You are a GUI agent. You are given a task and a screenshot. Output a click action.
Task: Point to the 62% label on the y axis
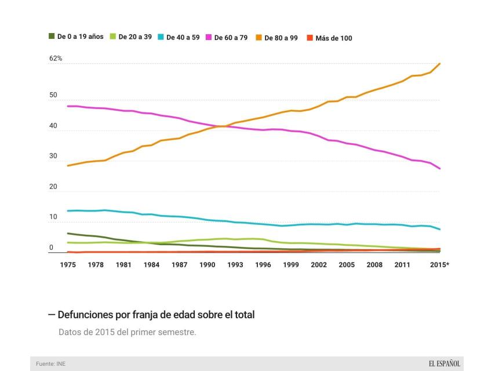click(x=56, y=59)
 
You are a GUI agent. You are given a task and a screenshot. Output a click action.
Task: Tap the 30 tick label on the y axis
click(x=53, y=156)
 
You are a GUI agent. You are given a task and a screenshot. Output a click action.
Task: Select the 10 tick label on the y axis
click(x=53, y=217)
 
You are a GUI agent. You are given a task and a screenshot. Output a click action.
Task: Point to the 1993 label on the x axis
click(x=235, y=265)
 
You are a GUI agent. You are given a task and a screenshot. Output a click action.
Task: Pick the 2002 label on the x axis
click(x=319, y=265)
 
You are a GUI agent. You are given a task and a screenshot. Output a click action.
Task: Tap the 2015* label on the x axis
click(x=439, y=265)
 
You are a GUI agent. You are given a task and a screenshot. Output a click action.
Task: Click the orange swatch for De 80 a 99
click(x=259, y=38)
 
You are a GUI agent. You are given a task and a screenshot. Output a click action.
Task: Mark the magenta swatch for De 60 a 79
click(x=209, y=38)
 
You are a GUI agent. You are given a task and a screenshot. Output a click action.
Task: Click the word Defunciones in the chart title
click(x=85, y=315)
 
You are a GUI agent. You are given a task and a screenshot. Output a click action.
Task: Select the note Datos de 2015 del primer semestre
click(x=127, y=333)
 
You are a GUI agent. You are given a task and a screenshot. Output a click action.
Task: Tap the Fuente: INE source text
click(x=50, y=364)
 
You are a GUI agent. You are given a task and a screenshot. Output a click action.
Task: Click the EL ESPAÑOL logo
click(x=445, y=363)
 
